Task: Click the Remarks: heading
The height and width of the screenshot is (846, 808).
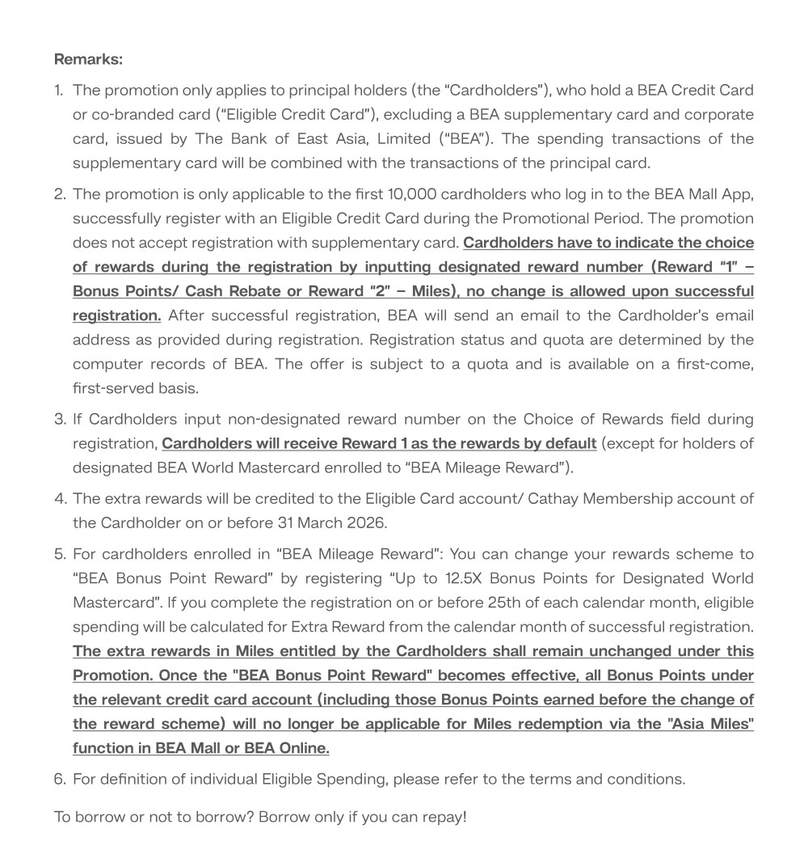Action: (x=88, y=59)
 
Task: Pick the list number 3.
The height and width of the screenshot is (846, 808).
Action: (x=60, y=419)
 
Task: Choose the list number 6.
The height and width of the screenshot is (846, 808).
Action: (x=60, y=779)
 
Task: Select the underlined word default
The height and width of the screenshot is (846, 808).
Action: (x=570, y=443)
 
